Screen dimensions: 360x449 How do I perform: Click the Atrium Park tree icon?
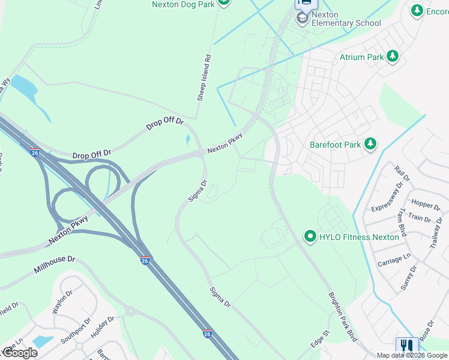[393, 56]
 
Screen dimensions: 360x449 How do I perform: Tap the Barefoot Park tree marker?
[371, 144]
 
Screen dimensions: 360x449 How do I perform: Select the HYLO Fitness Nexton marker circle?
[310, 236]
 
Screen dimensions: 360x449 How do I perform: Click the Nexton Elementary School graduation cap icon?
[303, 19]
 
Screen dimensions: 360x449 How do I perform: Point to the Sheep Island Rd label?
[205, 77]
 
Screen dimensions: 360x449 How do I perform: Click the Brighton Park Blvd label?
[343, 317]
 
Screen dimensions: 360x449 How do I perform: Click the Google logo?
[20, 353]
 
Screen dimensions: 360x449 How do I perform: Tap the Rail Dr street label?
[402, 173]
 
